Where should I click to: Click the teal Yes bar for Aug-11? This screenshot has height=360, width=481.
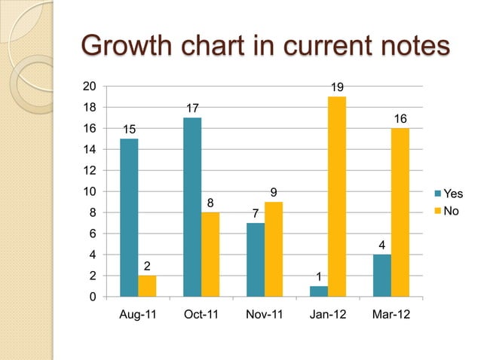(x=129, y=218)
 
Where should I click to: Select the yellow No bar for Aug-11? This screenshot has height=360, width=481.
(x=147, y=286)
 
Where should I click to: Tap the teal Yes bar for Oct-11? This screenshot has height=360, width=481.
(x=192, y=207)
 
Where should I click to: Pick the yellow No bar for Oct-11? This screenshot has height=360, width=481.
(x=210, y=255)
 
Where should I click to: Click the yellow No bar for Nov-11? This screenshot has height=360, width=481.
(x=273, y=249)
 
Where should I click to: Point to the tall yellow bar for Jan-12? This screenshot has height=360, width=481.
(x=336, y=197)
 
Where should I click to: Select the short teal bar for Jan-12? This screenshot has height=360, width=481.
(x=319, y=291)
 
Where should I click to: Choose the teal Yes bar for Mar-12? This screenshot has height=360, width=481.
(x=382, y=276)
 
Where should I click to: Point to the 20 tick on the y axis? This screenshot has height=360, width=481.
(x=90, y=87)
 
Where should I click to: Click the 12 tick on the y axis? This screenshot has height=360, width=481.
(x=90, y=171)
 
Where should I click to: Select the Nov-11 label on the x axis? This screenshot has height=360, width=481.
(x=265, y=315)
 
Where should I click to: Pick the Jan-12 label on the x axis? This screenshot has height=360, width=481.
(x=328, y=315)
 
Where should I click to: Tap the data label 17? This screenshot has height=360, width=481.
(x=193, y=109)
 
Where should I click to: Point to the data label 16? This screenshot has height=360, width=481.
(x=400, y=120)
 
